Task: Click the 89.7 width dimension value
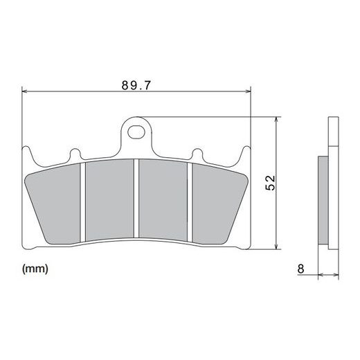136,85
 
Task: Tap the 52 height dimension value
270,183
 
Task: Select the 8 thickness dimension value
300,269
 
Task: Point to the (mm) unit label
35,269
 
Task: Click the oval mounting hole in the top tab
136,132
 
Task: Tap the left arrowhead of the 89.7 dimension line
24,91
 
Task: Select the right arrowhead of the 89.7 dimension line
248,91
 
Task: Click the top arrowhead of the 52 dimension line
276,120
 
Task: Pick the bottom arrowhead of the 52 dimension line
276,246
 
